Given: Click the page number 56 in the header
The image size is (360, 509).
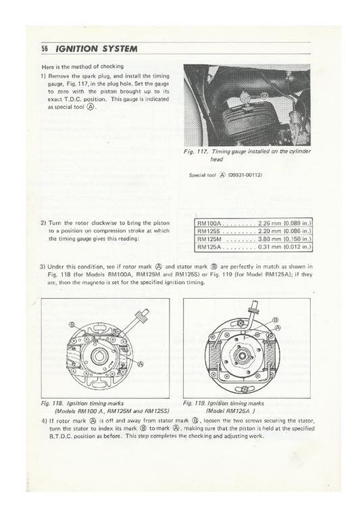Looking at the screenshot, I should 45,49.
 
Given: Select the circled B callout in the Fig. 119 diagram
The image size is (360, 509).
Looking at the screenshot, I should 276,318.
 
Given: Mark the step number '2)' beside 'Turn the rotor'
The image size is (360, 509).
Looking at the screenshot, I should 44,222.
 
